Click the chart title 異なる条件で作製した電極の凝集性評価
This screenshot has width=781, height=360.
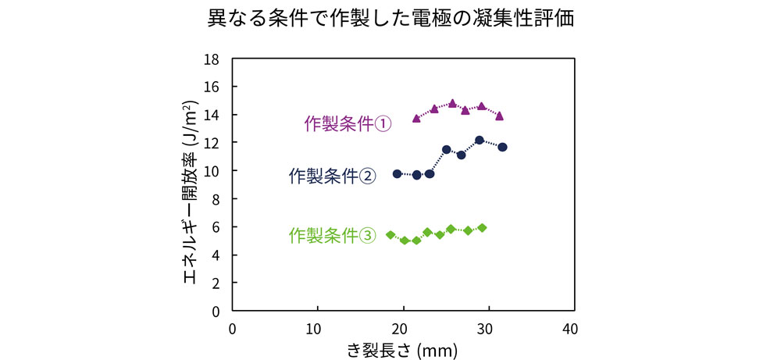(390, 19)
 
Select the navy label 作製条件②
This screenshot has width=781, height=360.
(332, 176)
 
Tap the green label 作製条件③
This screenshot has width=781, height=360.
(332, 234)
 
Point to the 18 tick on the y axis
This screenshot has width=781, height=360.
(212, 59)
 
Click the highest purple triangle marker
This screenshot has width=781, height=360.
(452, 103)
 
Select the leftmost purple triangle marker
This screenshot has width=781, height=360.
(416, 118)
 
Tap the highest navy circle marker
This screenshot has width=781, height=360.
(480, 141)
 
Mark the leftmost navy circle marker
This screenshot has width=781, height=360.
(397, 173)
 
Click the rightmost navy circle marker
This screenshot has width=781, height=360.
(502, 147)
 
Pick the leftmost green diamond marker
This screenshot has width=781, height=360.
(390, 234)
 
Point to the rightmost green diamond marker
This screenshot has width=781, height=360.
(482, 227)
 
